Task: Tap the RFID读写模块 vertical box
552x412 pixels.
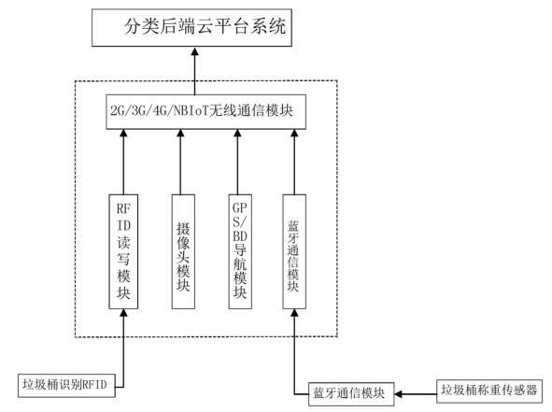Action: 122,251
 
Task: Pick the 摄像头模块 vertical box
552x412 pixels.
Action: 184,251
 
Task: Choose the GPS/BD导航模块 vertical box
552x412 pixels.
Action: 239,251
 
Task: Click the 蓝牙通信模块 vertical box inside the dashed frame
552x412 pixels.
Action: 294,251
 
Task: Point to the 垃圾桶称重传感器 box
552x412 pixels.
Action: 491,390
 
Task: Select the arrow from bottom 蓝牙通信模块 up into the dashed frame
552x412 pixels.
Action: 294,350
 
